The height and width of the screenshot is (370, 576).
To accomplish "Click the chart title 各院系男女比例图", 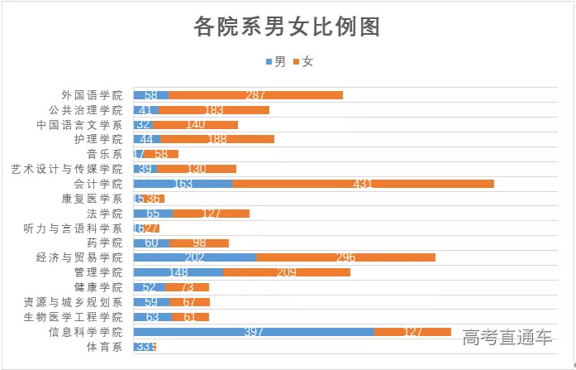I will (287, 27).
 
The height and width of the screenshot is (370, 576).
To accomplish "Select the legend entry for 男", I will (276, 62).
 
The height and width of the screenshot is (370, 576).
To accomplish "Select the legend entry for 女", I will (304, 62).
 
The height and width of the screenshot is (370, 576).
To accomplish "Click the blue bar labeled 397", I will (254, 332).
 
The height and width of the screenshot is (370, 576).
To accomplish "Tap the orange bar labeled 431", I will (363, 184).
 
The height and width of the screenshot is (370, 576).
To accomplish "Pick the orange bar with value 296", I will (345, 257).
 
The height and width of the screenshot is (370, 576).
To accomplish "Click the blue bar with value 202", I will (195, 257).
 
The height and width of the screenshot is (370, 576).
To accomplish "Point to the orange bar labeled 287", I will (255, 95).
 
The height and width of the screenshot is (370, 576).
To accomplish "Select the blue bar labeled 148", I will (179, 272).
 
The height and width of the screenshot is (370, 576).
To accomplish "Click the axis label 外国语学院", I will (92, 95).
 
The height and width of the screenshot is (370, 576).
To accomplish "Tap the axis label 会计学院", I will (98, 184).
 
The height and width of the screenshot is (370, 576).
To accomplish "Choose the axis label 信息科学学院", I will (86, 332).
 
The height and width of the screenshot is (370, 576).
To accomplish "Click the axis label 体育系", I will (104, 347).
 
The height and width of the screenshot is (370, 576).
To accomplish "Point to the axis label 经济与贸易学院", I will (79, 257).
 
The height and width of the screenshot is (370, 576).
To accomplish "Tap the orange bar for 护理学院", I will (217, 139).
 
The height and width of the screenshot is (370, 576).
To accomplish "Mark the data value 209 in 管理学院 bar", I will (287, 272).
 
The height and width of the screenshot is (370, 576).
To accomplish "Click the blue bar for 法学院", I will (153, 214).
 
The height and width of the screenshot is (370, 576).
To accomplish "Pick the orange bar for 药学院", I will (199, 243).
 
